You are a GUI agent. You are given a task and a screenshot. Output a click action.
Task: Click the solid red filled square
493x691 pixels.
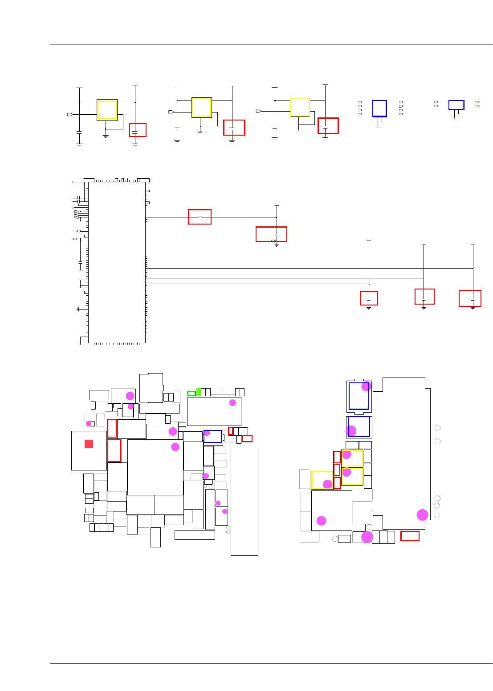89,444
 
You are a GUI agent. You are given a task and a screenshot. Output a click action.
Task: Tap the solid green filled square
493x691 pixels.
199,392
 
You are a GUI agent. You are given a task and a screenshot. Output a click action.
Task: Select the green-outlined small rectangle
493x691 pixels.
191,394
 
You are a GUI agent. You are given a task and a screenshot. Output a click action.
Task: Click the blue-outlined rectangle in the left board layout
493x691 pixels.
212,436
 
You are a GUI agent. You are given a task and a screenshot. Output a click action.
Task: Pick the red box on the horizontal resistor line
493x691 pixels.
200,217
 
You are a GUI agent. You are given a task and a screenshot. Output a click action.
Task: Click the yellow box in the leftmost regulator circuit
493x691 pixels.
107,110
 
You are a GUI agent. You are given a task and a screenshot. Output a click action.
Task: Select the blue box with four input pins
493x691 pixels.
379,108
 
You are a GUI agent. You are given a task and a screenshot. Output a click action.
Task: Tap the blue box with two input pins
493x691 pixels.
456,105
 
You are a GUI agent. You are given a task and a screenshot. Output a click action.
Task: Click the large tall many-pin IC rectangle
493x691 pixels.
117,262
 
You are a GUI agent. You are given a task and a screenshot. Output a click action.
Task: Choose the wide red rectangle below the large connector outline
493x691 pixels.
410,536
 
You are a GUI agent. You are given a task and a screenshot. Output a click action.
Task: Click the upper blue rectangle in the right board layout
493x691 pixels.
359,396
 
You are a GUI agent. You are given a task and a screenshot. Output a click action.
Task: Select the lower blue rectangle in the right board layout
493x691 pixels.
359,427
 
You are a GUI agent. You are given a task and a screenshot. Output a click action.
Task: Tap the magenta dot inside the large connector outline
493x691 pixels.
422,515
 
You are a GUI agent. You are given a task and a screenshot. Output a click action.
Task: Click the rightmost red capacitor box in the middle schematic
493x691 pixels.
470,298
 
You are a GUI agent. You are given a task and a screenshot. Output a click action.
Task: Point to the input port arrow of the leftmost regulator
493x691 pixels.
70,115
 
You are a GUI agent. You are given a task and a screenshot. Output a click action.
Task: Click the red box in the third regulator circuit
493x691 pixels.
328,126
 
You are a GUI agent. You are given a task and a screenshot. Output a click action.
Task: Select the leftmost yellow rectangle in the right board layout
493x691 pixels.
322,480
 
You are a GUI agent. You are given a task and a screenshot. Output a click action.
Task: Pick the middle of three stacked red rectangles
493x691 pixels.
337,470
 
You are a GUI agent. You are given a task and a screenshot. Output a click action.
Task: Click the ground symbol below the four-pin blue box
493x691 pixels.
378,126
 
